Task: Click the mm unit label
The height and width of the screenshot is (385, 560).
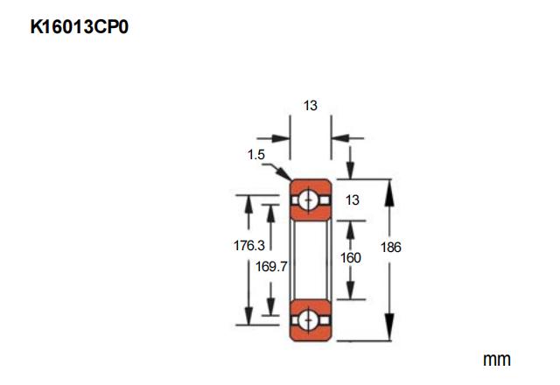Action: pyautogui.click(x=496, y=360)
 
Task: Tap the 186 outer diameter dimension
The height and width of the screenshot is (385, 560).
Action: pyautogui.click(x=390, y=248)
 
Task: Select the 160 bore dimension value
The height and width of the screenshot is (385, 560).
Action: pyautogui.click(x=350, y=258)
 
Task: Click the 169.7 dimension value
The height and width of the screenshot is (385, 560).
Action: pyautogui.click(x=271, y=267)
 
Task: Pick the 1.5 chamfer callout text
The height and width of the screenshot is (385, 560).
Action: pyautogui.click(x=255, y=155)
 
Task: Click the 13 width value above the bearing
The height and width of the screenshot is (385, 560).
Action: pyautogui.click(x=310, y=106)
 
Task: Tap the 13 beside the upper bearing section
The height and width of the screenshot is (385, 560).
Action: pyautogui.click(x=353, y=200)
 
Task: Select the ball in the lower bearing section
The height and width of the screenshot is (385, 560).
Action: pyautogui.click(x=310, y=319)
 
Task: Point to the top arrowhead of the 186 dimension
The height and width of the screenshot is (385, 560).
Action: pyautogui.click(x=390, y=186)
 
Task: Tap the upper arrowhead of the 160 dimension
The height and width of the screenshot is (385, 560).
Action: pyautogui.click(x=350, y=227)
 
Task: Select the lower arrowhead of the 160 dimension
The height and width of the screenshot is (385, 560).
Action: pyautogui.click(x=350, y=292)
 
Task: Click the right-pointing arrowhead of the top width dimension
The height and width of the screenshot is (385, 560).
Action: pyautogui.click(x=283, y=138)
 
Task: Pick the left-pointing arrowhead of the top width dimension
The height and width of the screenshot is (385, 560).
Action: pyautogui.click(x=337, y=138)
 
